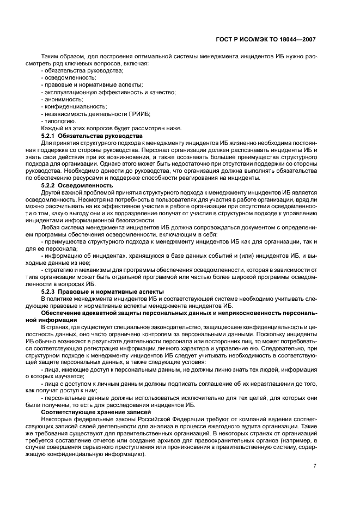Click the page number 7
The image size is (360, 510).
[x=315, y=466]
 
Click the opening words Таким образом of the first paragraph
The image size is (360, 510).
[x=59, y=57]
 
